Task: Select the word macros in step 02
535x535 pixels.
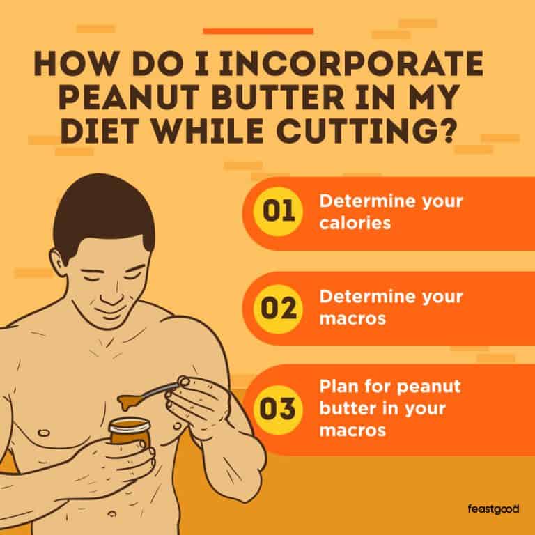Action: click(x=346, y=320)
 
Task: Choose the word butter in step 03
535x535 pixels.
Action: click(x=342, y=408)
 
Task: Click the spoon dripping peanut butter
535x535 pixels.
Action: click(x=150, y=398)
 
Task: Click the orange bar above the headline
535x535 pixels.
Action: click(x=258, y=31)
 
